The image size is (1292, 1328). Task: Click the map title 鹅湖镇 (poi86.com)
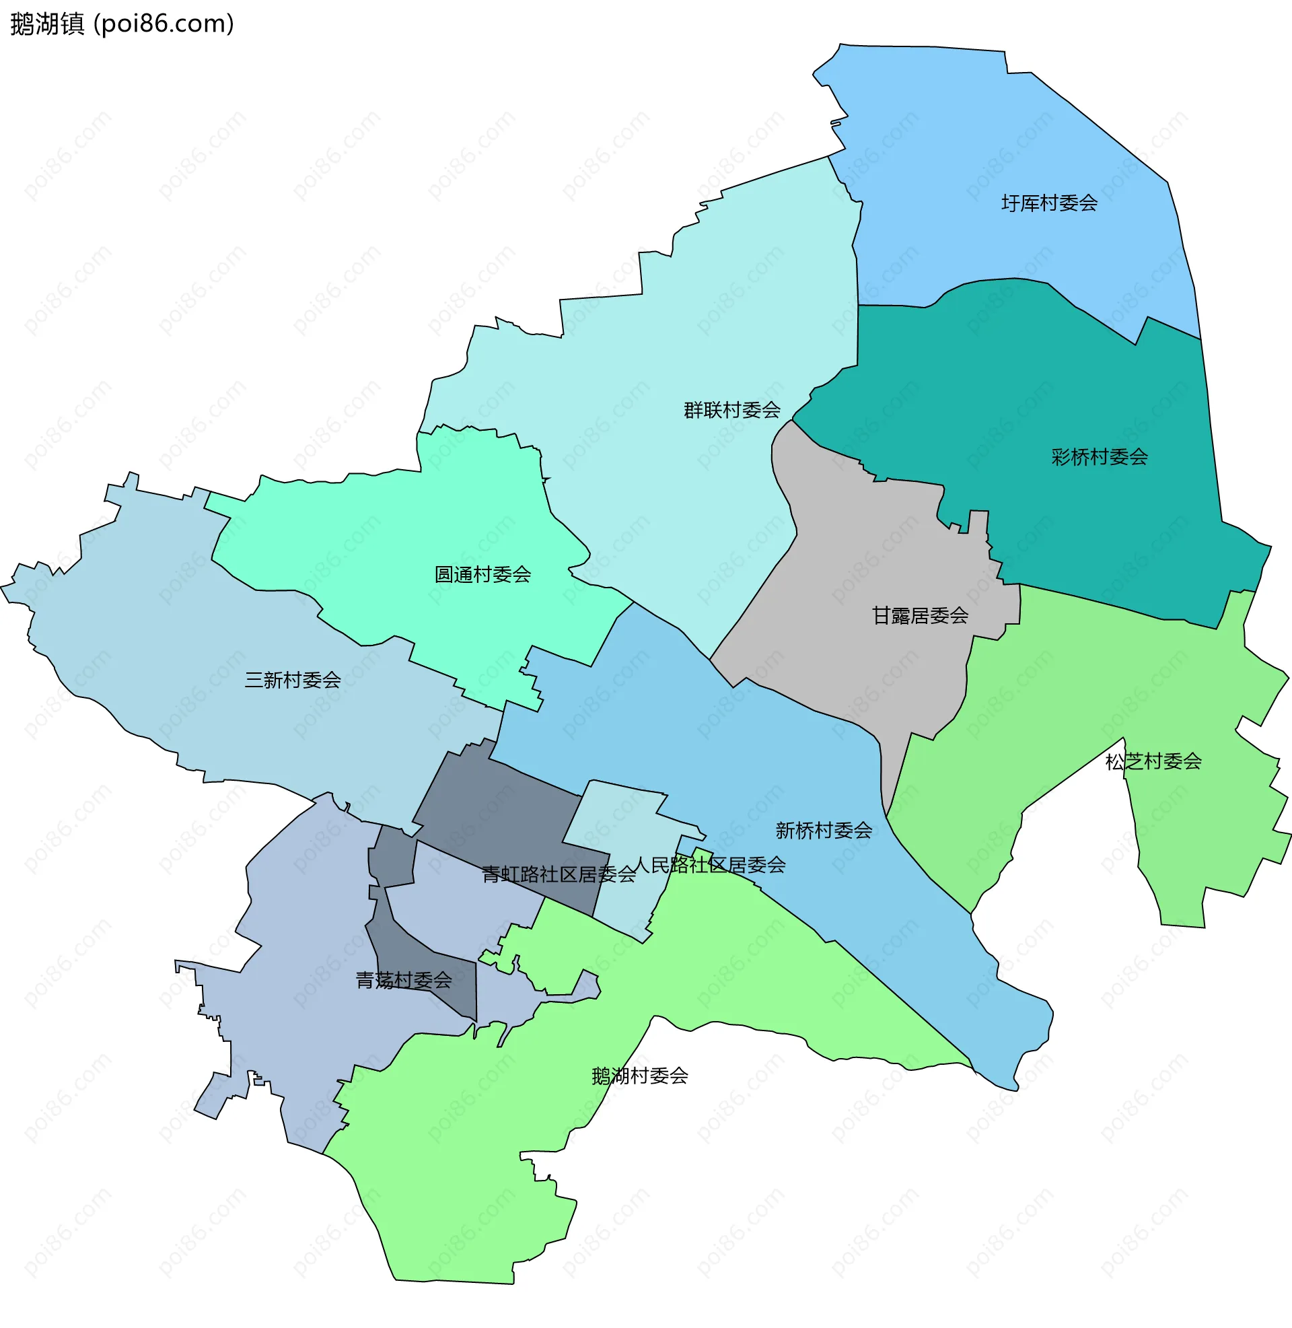pyautogui.click(x=122, y=24)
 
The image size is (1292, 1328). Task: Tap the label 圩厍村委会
pyautogui.click(x=1049, y=203)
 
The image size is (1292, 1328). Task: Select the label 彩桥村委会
pyautogui.click(x=1100, y=457)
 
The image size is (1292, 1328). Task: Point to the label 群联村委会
pyautogui.click(x=731, y=410)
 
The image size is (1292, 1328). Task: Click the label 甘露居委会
pyautogui.click(x=919, y=615)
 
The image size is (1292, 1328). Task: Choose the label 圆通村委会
pyautogui.click(x=482, y=575)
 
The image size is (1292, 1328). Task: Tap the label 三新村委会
pyautogui.click(x=293, y=680)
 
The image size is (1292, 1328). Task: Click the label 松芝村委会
pyautogui.click(x=1153, y=761)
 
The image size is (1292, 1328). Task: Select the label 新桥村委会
pyautogui.click(x=824, y=830)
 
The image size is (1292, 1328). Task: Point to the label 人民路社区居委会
pyautogui.click(x=710, y=865)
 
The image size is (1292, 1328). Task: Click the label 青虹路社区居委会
pyautogui.click(x=559, y=875)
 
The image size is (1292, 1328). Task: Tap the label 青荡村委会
pyautogui.click(x=404, y=980)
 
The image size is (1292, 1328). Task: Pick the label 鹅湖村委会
pyautogui.click(x=639, y=1076)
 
